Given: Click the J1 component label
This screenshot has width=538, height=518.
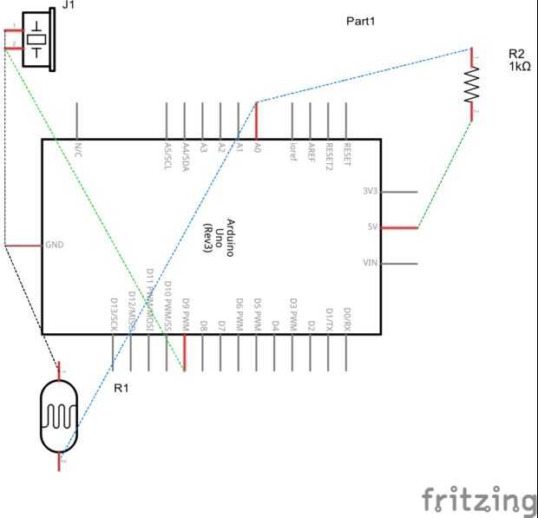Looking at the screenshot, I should pos(69,5).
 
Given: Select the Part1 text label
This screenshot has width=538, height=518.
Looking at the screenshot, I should pos(361,22).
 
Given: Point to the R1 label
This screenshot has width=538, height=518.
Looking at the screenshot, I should pos(121,388).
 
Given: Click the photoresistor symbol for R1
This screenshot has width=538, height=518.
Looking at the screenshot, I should pos(60,418).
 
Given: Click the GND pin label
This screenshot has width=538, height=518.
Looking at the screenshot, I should pos(55,246).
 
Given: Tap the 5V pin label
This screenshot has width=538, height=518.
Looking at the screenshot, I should pos(371,228).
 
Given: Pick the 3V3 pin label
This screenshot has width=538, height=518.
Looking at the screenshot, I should pos(370,192).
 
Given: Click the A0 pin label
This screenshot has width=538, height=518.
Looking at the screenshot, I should pos(257,149).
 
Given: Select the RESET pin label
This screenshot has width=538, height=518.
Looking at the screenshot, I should pos(347,154).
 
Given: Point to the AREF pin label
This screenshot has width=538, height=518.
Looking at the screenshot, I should pos(311,152).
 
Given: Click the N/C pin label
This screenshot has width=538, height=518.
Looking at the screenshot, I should pos(78,150).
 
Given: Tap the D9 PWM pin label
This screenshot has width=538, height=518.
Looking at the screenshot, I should pos(185,314).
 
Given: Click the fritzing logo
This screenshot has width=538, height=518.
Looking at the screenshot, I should pos(478,501).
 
